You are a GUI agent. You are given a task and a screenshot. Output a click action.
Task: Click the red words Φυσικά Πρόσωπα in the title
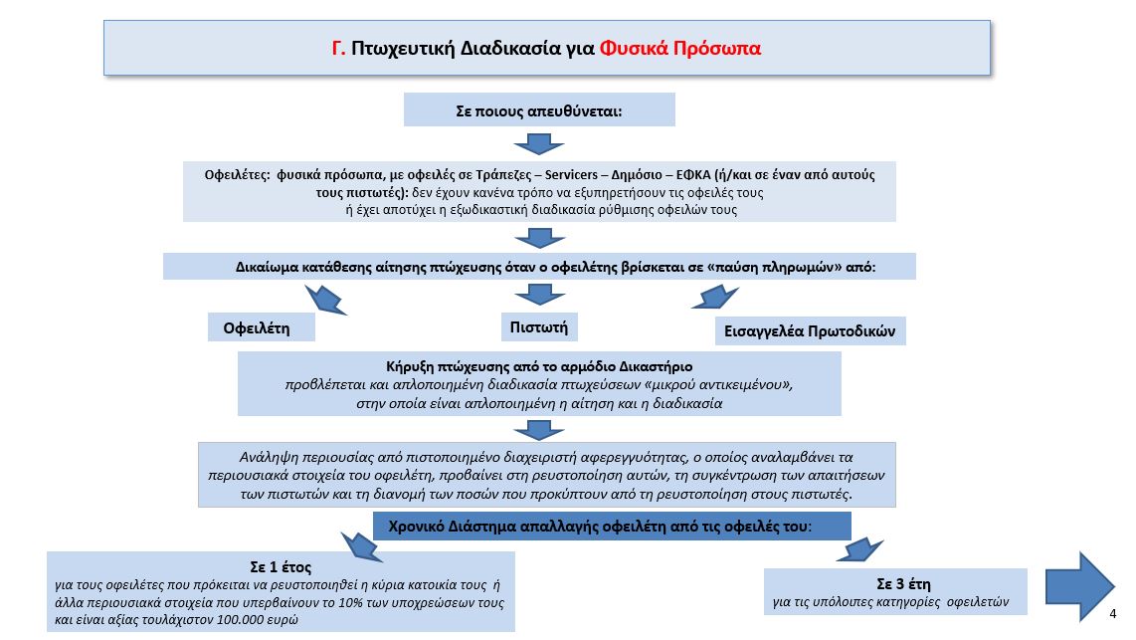click(679, 49)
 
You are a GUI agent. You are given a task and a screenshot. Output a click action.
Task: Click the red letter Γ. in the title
click(338, 49)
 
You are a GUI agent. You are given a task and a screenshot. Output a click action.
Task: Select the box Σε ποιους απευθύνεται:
click(539, 110)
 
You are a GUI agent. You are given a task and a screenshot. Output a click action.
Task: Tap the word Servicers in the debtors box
click(571, 174)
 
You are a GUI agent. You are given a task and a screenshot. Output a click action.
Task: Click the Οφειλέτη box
click(261, 327)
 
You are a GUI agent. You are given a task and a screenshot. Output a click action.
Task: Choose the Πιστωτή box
click(539, 326)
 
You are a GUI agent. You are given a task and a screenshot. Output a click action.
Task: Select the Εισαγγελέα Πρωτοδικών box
click(810, 331)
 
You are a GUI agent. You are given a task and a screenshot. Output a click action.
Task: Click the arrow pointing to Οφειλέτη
click(325, 300)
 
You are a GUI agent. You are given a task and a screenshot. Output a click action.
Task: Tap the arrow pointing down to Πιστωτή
click(539, 294)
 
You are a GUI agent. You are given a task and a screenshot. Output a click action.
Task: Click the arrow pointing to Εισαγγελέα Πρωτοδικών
click(715, 298)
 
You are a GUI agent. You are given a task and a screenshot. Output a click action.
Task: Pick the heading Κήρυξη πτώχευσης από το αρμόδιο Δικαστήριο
click(539, 366)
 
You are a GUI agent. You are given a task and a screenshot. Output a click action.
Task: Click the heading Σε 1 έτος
click(281, 566)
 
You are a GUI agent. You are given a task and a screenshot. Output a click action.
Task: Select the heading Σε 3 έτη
click(903, 583)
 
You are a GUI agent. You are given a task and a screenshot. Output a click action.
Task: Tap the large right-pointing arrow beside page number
click(1079, 585)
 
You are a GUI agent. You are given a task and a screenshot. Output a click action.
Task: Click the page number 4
click(1113, 614)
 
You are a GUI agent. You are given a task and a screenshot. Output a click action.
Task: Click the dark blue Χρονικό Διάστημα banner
click(612, 527)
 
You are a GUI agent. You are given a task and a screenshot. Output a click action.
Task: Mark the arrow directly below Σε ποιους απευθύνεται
click(539, 143)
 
